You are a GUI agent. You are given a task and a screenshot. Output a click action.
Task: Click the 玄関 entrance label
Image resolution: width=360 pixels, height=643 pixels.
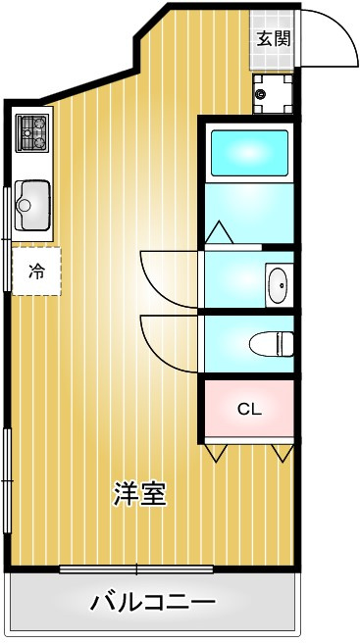[x=274, y=38]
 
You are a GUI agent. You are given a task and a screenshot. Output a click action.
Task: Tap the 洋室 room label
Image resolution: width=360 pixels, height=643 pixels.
[x=140, y=494]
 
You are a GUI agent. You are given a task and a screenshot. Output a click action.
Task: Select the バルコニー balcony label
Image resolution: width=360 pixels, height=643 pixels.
[x=153, y=603]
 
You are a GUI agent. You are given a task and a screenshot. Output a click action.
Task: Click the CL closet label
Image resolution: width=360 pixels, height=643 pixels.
[x=250, y=410]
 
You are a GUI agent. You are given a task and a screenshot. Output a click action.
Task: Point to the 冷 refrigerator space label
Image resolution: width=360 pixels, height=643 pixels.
[x=36, y=272]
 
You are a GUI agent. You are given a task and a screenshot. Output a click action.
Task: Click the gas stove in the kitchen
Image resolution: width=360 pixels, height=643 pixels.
[x=32, y=132]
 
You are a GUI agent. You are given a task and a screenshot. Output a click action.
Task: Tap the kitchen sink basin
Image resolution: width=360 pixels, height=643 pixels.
[x=32, y=205]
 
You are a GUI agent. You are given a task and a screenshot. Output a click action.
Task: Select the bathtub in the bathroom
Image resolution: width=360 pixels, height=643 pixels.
[x=249, y=153]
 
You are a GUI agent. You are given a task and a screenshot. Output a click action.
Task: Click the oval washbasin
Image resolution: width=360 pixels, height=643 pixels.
[x=278, y=285]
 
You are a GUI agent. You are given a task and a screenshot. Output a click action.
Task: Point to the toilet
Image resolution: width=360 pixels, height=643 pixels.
[x=272, y=344]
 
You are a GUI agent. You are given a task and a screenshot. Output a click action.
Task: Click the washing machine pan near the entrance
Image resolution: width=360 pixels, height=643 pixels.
[x=273, y=94]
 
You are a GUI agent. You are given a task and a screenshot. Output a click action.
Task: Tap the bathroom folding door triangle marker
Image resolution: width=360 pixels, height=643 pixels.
[x=219, y=232]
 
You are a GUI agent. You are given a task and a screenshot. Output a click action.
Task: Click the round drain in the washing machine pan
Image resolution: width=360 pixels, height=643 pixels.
[x=260, y=94]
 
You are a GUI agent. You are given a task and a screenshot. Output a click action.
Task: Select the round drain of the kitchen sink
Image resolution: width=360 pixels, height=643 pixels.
[x=25, y=205]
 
